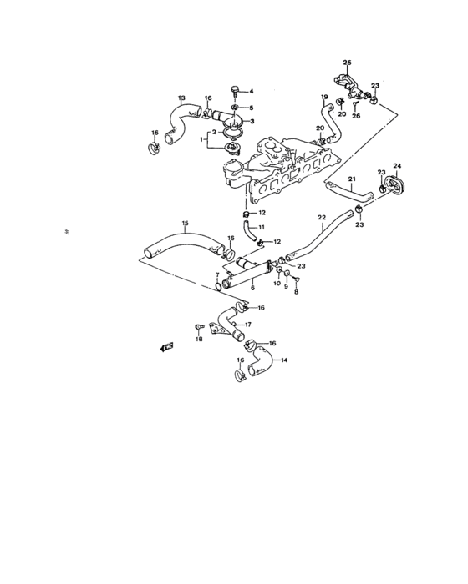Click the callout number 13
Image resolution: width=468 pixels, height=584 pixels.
181,98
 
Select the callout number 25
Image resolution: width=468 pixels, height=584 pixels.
348,63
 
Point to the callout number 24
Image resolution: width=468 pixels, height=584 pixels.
397,165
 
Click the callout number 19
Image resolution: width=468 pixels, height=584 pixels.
323,98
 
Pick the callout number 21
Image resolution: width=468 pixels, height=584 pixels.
352,179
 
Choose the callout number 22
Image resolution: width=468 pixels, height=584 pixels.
321,218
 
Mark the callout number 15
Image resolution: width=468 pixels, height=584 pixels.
186,223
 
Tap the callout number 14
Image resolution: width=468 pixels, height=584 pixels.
284,360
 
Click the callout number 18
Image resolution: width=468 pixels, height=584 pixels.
199,339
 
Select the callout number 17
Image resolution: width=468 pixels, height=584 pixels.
247,325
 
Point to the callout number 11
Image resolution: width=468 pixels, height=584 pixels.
261,227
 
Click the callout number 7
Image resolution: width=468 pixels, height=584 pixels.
216,274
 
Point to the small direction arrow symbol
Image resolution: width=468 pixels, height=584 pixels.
167,346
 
